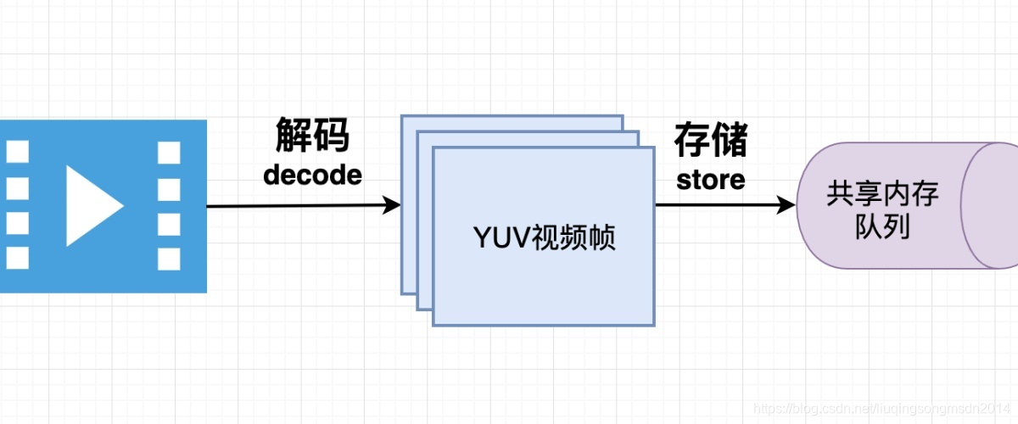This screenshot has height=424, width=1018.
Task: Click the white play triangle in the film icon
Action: (92, 206)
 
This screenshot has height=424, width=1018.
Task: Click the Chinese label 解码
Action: (312, 136)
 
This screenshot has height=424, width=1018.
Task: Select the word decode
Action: (312, 175)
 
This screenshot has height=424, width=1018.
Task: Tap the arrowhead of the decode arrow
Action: (393, 205)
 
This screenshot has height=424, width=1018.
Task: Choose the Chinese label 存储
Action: (711, 140)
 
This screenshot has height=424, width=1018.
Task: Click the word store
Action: (711, 179)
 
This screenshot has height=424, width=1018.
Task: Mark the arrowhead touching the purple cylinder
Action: (789, 205)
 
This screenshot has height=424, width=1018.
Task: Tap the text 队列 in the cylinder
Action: (882, 226)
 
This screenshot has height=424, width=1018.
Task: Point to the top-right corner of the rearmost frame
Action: (622, 116)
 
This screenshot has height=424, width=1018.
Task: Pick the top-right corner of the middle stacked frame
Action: (638, 132)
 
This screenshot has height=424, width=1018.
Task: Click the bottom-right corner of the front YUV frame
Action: (654, 325)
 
